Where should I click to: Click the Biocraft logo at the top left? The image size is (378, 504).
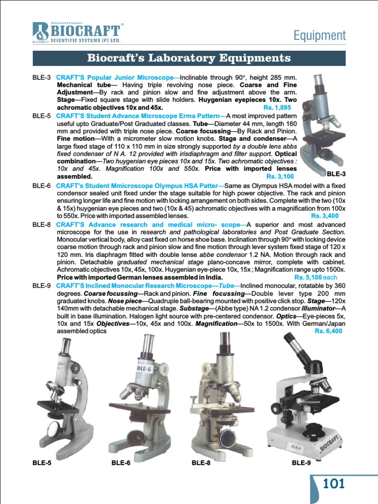(76, 32)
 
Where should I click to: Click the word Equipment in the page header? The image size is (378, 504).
(319, 35)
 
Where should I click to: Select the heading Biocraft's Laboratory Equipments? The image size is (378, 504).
(189, 58)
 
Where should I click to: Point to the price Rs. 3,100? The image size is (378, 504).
(280, 176)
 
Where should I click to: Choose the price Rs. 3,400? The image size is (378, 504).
(325, 216)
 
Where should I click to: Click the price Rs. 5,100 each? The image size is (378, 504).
(317, 277)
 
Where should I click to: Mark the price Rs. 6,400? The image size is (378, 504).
(328, 331)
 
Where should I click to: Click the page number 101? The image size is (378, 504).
(334, 483)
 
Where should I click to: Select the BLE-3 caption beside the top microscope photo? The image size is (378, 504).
(336, 174)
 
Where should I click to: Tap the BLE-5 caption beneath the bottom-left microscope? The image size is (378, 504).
(42, 463)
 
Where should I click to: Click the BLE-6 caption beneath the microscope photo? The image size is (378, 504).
(121, 463)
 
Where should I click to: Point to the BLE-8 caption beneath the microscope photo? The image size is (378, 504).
(201, 463)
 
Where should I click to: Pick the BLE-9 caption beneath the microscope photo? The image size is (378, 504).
(301, 463)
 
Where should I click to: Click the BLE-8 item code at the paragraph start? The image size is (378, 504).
(42, 225)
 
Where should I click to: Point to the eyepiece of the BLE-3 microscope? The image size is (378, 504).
(317, 81)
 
